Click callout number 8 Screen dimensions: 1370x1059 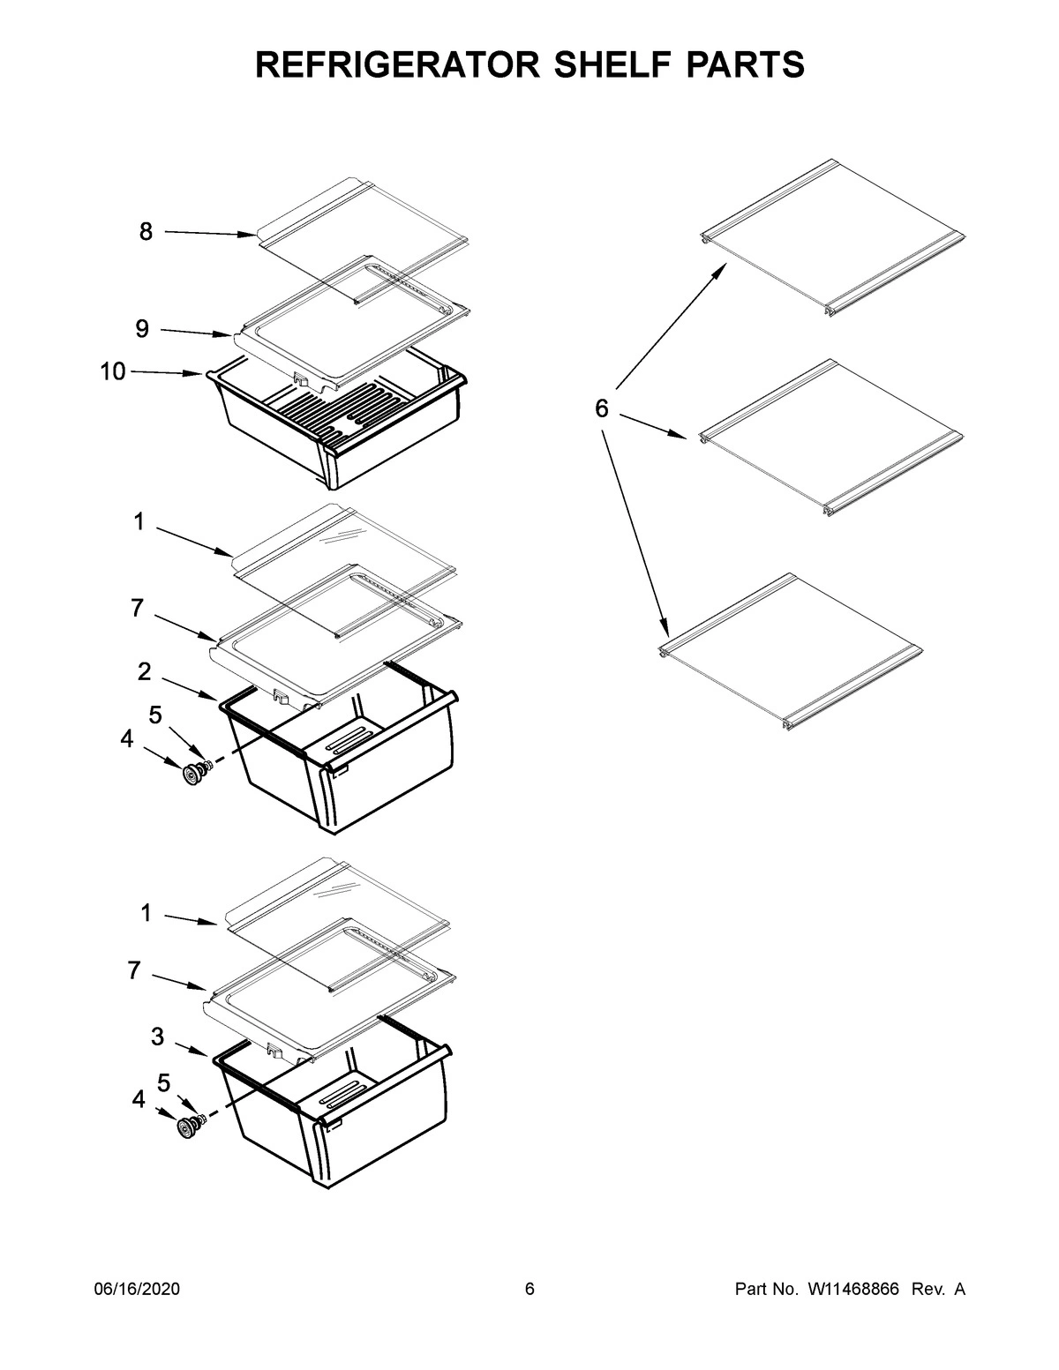pyautogui.click(x=146, y=232)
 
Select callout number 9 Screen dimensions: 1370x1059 pyautogui.click(x=142, y=329)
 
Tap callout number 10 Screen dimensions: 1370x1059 pyautogui.click(x=113, y=371)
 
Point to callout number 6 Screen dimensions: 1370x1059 pyautogui.click(x=601, y=408)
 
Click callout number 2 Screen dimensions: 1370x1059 pyautogui.click(x=144, y=671)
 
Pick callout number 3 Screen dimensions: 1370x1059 pyautogui.click(x=157, y=1037)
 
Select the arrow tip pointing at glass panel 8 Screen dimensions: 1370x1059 pyautogui.click(x=254, y=235)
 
